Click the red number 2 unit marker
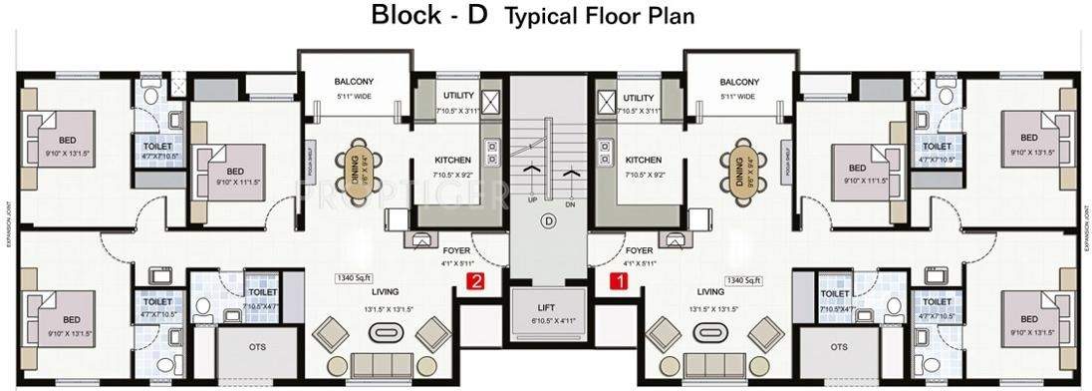coord(476,281)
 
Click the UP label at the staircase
coord(533,198)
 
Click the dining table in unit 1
coord(740,168)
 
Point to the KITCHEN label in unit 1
coord(643,160)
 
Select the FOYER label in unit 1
coord(639,250)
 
